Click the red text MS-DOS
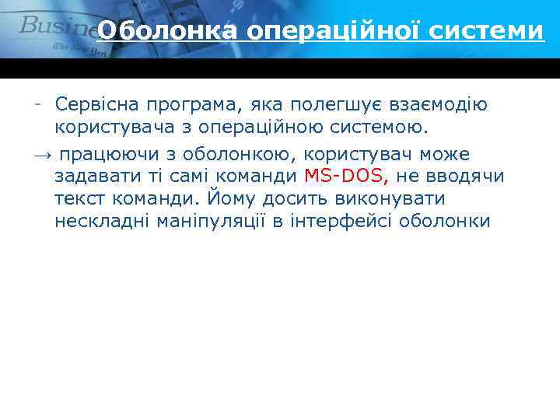(346, 176)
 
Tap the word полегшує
(320, 104)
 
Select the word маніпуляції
(214, 221)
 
